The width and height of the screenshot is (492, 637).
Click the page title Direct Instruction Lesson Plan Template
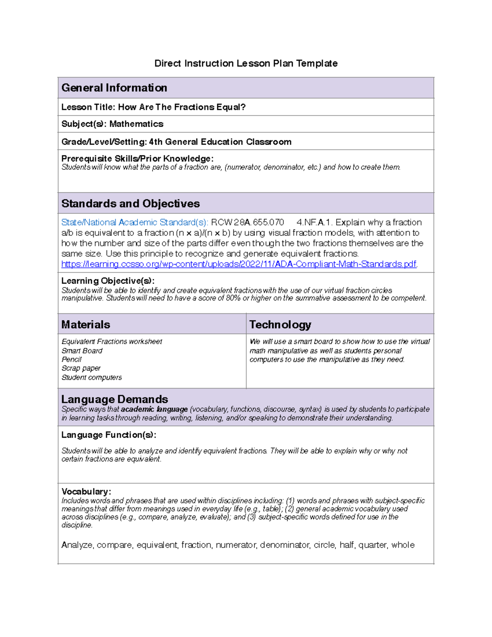246,63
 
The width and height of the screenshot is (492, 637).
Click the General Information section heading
114,88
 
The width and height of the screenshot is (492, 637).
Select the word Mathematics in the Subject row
136,124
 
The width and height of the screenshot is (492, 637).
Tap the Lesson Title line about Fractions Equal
153,107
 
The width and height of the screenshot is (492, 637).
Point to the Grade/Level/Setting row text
176,142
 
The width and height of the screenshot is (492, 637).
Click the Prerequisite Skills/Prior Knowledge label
137,158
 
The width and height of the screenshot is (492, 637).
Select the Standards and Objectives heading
130,203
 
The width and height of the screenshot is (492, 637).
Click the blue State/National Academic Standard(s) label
134,222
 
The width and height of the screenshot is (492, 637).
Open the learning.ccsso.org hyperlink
239,264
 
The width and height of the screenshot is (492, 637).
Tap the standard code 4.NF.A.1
314,222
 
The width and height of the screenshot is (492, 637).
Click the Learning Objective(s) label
108,281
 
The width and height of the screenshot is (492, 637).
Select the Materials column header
86,324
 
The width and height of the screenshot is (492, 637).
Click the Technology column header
280,324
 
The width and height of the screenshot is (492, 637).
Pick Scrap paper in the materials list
81,368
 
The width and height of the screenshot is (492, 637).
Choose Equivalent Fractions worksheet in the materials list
112,342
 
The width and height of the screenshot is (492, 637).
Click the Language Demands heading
114,399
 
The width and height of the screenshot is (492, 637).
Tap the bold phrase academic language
154,409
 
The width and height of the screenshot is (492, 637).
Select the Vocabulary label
86,491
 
